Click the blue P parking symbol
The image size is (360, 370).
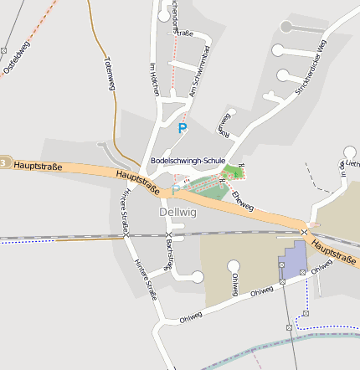[x=183, y=128]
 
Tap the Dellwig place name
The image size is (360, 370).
[x=177, y=213]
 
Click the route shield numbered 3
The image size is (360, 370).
[x=4, y=162]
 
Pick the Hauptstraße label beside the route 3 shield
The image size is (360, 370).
[x=39, y=167]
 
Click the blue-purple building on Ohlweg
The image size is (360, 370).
[x=294, y=261]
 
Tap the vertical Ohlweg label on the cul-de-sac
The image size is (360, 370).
[x=235, y=285]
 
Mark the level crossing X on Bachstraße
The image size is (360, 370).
[x=168, y=234]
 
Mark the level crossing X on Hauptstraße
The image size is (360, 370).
[x=306, y=231]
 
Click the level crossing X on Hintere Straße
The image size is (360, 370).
[x=126, y=235]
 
